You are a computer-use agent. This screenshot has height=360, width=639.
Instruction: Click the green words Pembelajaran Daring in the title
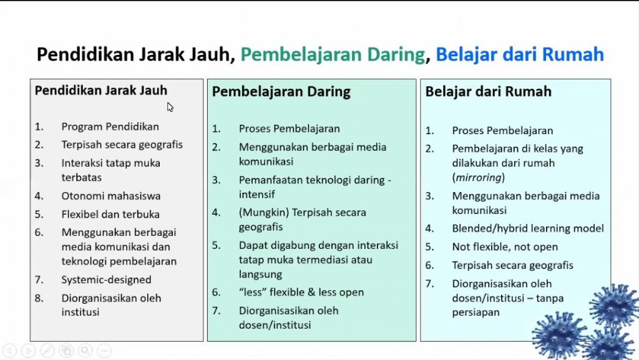click(333, 54)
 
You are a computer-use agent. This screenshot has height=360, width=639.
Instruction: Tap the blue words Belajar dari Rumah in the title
click(520, 54)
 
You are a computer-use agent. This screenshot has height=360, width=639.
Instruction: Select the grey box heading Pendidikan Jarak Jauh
click(101, 90)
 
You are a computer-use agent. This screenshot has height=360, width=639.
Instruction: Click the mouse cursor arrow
click(170, 107)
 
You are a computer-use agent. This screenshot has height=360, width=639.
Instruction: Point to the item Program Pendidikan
click(110, 127)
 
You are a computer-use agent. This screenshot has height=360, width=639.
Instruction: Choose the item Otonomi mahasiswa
click(111, 196)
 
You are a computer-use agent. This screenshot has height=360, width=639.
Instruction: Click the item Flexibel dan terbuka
click(110, 214)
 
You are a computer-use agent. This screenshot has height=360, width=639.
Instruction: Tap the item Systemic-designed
click(106, 280)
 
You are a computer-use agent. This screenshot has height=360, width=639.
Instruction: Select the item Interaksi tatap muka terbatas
click(111, 170)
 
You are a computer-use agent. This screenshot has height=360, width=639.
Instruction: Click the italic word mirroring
click(479, 178)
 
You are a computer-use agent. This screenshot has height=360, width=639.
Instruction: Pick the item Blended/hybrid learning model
click(528, 228)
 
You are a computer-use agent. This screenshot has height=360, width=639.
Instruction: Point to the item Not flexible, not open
click(505, 247)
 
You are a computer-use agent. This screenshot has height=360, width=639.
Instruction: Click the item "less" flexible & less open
click(301, 293)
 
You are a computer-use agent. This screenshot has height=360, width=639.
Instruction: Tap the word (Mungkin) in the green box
click(264, 213)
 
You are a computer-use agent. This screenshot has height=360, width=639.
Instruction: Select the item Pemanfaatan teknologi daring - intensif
click(315, 187)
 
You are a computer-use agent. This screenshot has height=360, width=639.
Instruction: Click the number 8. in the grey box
click(39, 298)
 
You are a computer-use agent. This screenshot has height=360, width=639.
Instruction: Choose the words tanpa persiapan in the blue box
click(508, 305)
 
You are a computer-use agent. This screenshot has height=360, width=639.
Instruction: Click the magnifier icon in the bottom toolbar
click(85, 350)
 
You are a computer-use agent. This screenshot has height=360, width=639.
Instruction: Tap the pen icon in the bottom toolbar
click(47, 350)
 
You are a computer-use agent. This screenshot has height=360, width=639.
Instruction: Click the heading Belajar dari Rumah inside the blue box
click(488, 92)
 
